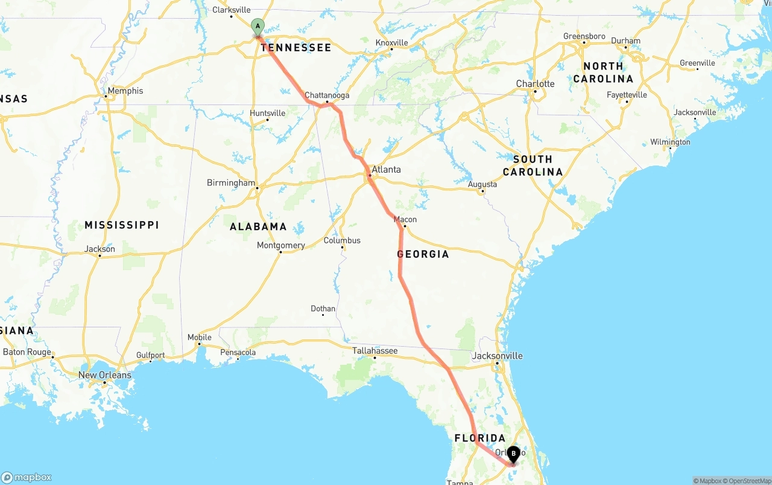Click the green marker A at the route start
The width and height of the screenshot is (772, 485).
coord(258,26)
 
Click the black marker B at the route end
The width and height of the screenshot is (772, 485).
coord(513,454)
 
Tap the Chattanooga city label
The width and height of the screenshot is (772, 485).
coord(327,95)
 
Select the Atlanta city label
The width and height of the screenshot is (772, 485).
coord(386,170)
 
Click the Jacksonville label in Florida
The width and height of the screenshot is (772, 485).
coord(497,356)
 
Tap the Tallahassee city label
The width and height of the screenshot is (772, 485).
coord(375,350)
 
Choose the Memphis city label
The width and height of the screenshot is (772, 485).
coord(126,91)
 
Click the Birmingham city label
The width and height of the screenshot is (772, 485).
coord(231,182)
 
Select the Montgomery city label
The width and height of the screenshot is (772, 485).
coord(280,245)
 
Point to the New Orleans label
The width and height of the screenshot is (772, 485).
coord(104,375)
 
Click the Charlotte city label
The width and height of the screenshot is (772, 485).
coord(535,83)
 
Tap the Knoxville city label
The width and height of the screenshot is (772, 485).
coord(391,43)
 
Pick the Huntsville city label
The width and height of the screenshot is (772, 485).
coord(267,113)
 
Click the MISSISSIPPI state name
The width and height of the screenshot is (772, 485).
coord(121,225)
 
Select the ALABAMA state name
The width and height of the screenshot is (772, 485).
coord(258,227)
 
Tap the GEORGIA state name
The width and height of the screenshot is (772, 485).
coord(423,254)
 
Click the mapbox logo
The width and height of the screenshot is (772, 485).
coord(27,477)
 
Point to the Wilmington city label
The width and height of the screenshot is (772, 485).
coord(670,142)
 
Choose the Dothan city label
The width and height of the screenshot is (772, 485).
coord(323,309)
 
